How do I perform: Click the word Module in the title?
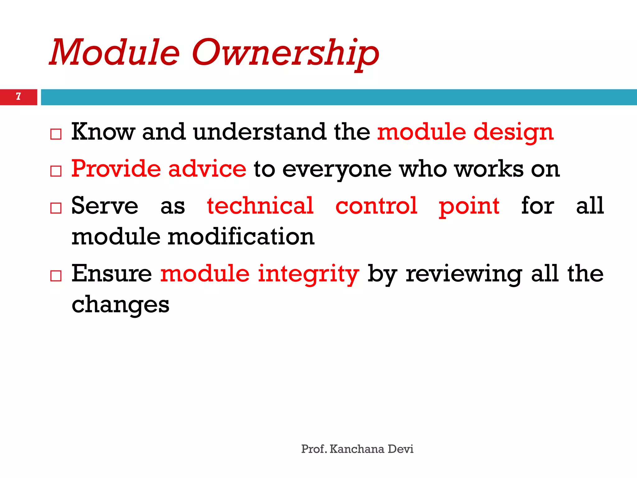tap(114, 52)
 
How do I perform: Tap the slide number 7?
tap(18, 96)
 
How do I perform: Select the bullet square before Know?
tap(56, 134)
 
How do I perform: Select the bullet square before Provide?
tap(56, 171)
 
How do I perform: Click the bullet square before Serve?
tap(56, 208)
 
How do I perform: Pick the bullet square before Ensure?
tap(56, 275)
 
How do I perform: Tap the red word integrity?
tap(308, 274)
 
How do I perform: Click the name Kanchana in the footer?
tap(357, 449)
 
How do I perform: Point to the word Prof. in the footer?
tap(314, 449)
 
